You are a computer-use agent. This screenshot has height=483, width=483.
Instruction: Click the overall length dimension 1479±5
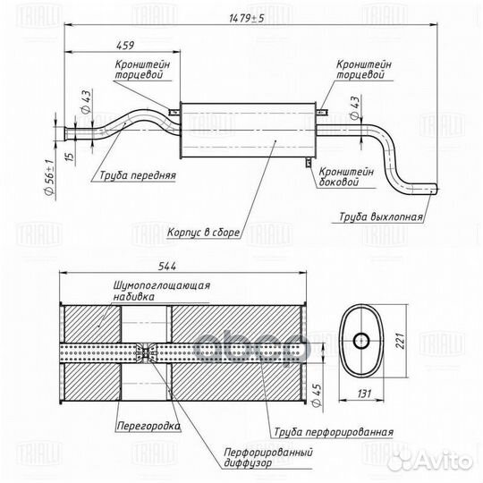coord(247,19)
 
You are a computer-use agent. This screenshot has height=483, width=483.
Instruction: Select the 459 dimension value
coord(125,46)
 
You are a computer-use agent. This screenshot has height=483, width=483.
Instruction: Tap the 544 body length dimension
coord(167,267)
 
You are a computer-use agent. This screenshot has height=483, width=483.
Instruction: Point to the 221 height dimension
coord(400,341)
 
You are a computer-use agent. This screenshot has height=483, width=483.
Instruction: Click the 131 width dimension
coord(364,394)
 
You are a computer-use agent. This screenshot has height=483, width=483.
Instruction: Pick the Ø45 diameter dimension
coord(318,395)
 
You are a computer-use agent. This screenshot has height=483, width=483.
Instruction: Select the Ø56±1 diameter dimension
coord(49,177)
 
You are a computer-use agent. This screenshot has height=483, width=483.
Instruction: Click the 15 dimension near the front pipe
coord(71,156)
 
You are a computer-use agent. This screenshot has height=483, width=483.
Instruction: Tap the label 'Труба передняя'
coord(138,175)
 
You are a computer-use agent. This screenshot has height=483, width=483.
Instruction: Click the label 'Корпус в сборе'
coord(203,233)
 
